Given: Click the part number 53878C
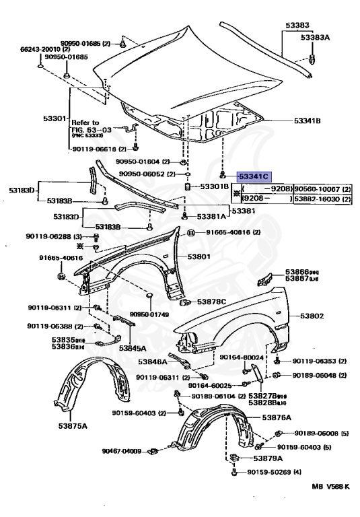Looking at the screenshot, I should [x=212, y=301].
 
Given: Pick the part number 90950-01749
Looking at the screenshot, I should [x=149, y=314].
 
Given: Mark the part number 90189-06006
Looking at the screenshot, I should [x=316, y=434].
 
